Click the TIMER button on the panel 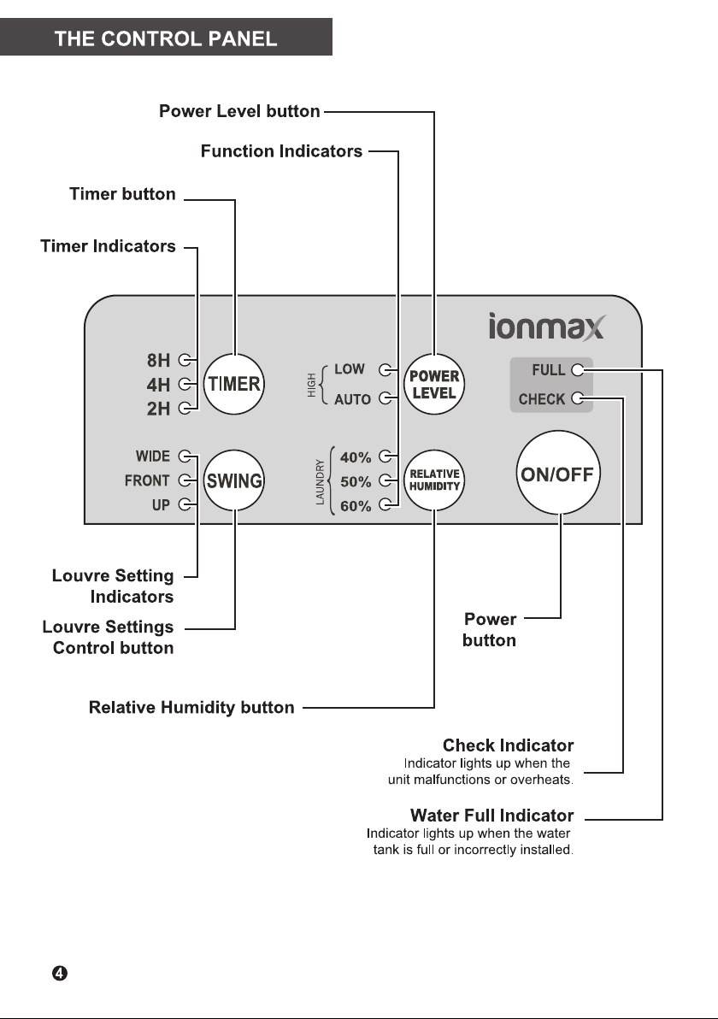234,384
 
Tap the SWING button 234,480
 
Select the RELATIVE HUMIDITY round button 434,480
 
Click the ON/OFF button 557,473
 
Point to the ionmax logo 546,327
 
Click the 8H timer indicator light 185,359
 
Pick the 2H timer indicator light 185,408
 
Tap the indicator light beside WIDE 185,456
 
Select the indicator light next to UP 185,504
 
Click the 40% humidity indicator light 385,456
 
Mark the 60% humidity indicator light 385,504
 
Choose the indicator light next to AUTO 385,398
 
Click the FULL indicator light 577,370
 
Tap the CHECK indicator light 577,398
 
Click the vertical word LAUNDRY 320,481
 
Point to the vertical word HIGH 312,385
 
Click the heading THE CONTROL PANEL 166,39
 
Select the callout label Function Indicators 281,150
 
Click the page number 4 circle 59,973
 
